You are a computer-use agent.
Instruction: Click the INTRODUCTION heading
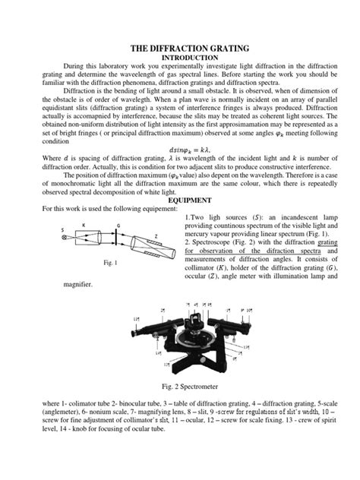click(x=180, y=58)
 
